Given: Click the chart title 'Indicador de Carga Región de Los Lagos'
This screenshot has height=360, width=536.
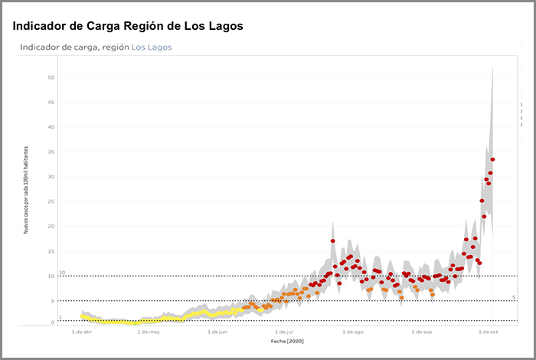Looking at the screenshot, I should click(x=128, y=26).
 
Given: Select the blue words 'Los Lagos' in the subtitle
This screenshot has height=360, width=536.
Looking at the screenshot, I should click(x=152, y=47).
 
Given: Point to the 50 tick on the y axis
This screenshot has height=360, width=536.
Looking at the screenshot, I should click(x=51, y=77).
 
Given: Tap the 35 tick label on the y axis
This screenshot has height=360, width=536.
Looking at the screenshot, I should click(x=51, y=152).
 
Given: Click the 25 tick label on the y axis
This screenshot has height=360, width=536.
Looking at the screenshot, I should click(x=51, y=201).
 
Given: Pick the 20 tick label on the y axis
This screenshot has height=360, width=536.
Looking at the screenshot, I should click(x=51, y=226).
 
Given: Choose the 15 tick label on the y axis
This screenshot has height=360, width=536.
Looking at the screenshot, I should click(x=51, y=251).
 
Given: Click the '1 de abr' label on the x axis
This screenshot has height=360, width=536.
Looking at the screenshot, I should click(x=82, y=332).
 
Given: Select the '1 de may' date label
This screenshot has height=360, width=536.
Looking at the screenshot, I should click(x=149, y=332).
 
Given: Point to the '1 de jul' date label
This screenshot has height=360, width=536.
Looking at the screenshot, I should click(x=284, y=332).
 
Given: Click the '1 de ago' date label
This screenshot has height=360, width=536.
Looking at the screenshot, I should click(x=353, y=332).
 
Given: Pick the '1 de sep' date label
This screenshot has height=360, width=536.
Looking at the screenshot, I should click(x=422, y=332).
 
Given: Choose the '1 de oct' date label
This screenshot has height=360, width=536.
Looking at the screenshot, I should click(x=488, y=332).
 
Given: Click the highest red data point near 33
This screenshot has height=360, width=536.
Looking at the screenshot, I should click(x=493, y=159).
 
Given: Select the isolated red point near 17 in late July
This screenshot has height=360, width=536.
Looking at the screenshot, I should click(x=333, y=241).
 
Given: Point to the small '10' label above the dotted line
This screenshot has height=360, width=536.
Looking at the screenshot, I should click(x=62, y=272).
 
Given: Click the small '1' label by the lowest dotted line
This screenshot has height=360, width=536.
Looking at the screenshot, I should click(x=60, y=317).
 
